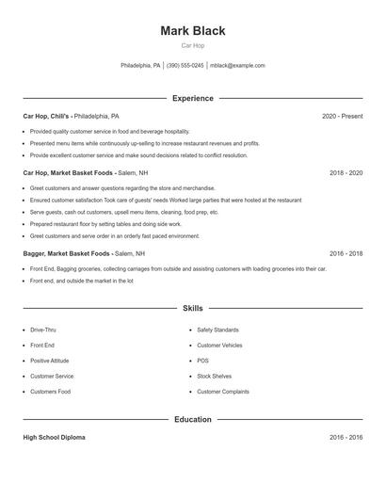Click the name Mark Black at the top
[193, 30]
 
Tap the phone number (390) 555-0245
[185, 66]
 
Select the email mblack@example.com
[237, 66]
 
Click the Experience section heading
[193, 98]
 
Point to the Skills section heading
[193, 308]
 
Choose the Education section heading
[193, 419]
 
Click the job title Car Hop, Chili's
[47, 116]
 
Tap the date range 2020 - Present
[342, 116]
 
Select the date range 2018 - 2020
[346, 173]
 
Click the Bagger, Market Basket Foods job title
[66, 253]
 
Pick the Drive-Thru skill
[43, 330]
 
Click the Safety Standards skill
[217, 330]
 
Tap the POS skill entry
[203, 361]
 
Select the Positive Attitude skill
[49, 361]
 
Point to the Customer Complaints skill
[223, 392]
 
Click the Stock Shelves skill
[215, 376]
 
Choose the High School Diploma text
[54, 438]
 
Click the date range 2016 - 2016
[346, 438]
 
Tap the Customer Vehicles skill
[219, 346]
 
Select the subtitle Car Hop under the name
[193, 45]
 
